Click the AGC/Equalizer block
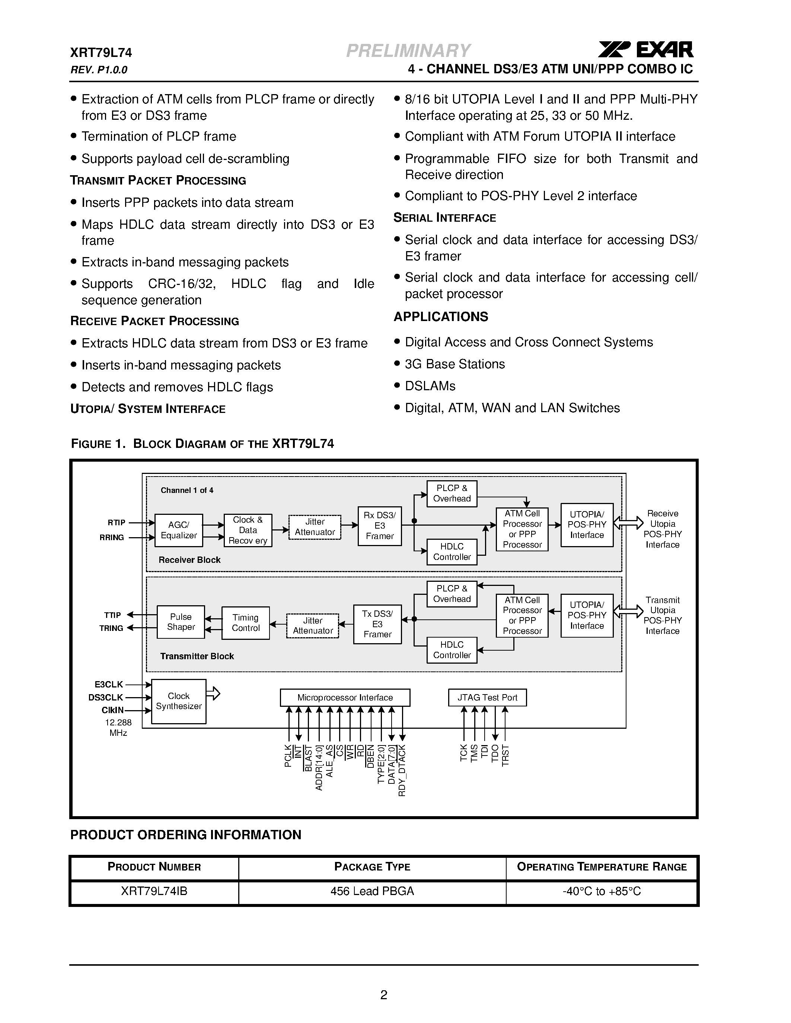(179, 530)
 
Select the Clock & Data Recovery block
(248, 530)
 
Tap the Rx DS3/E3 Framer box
(380, 526)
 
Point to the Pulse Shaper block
(181, 622)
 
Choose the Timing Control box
(246, 623)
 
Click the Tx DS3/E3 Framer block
(377, 624)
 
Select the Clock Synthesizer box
(179, 701)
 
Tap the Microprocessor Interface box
(345, 697)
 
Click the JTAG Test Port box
(487, 697)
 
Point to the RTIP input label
(116, 523)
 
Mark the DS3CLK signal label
(106, 697)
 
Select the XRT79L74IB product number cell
(154, 891)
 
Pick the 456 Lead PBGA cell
(372, 891)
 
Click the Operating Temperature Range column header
(602, 866)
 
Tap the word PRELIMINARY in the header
(408, 51)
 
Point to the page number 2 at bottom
(384, 995)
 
